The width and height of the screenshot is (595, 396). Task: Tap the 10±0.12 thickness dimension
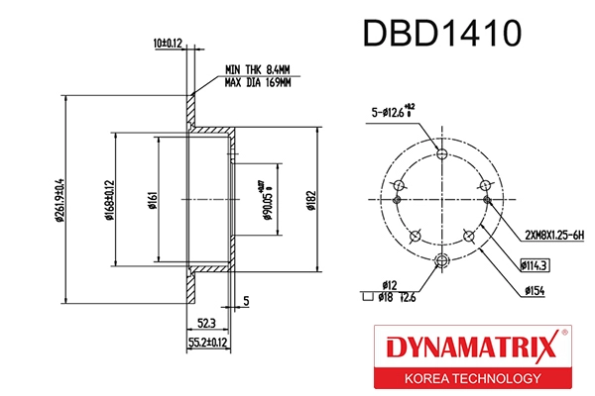point(168,43)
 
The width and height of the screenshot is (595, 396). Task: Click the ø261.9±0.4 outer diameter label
point(59,201)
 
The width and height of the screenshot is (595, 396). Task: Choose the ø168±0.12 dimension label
point(111,201)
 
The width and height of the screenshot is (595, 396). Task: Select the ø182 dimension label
point(310,201)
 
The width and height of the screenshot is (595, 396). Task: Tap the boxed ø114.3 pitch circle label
point(536,265)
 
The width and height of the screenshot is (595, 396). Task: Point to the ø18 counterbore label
point(384,296)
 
